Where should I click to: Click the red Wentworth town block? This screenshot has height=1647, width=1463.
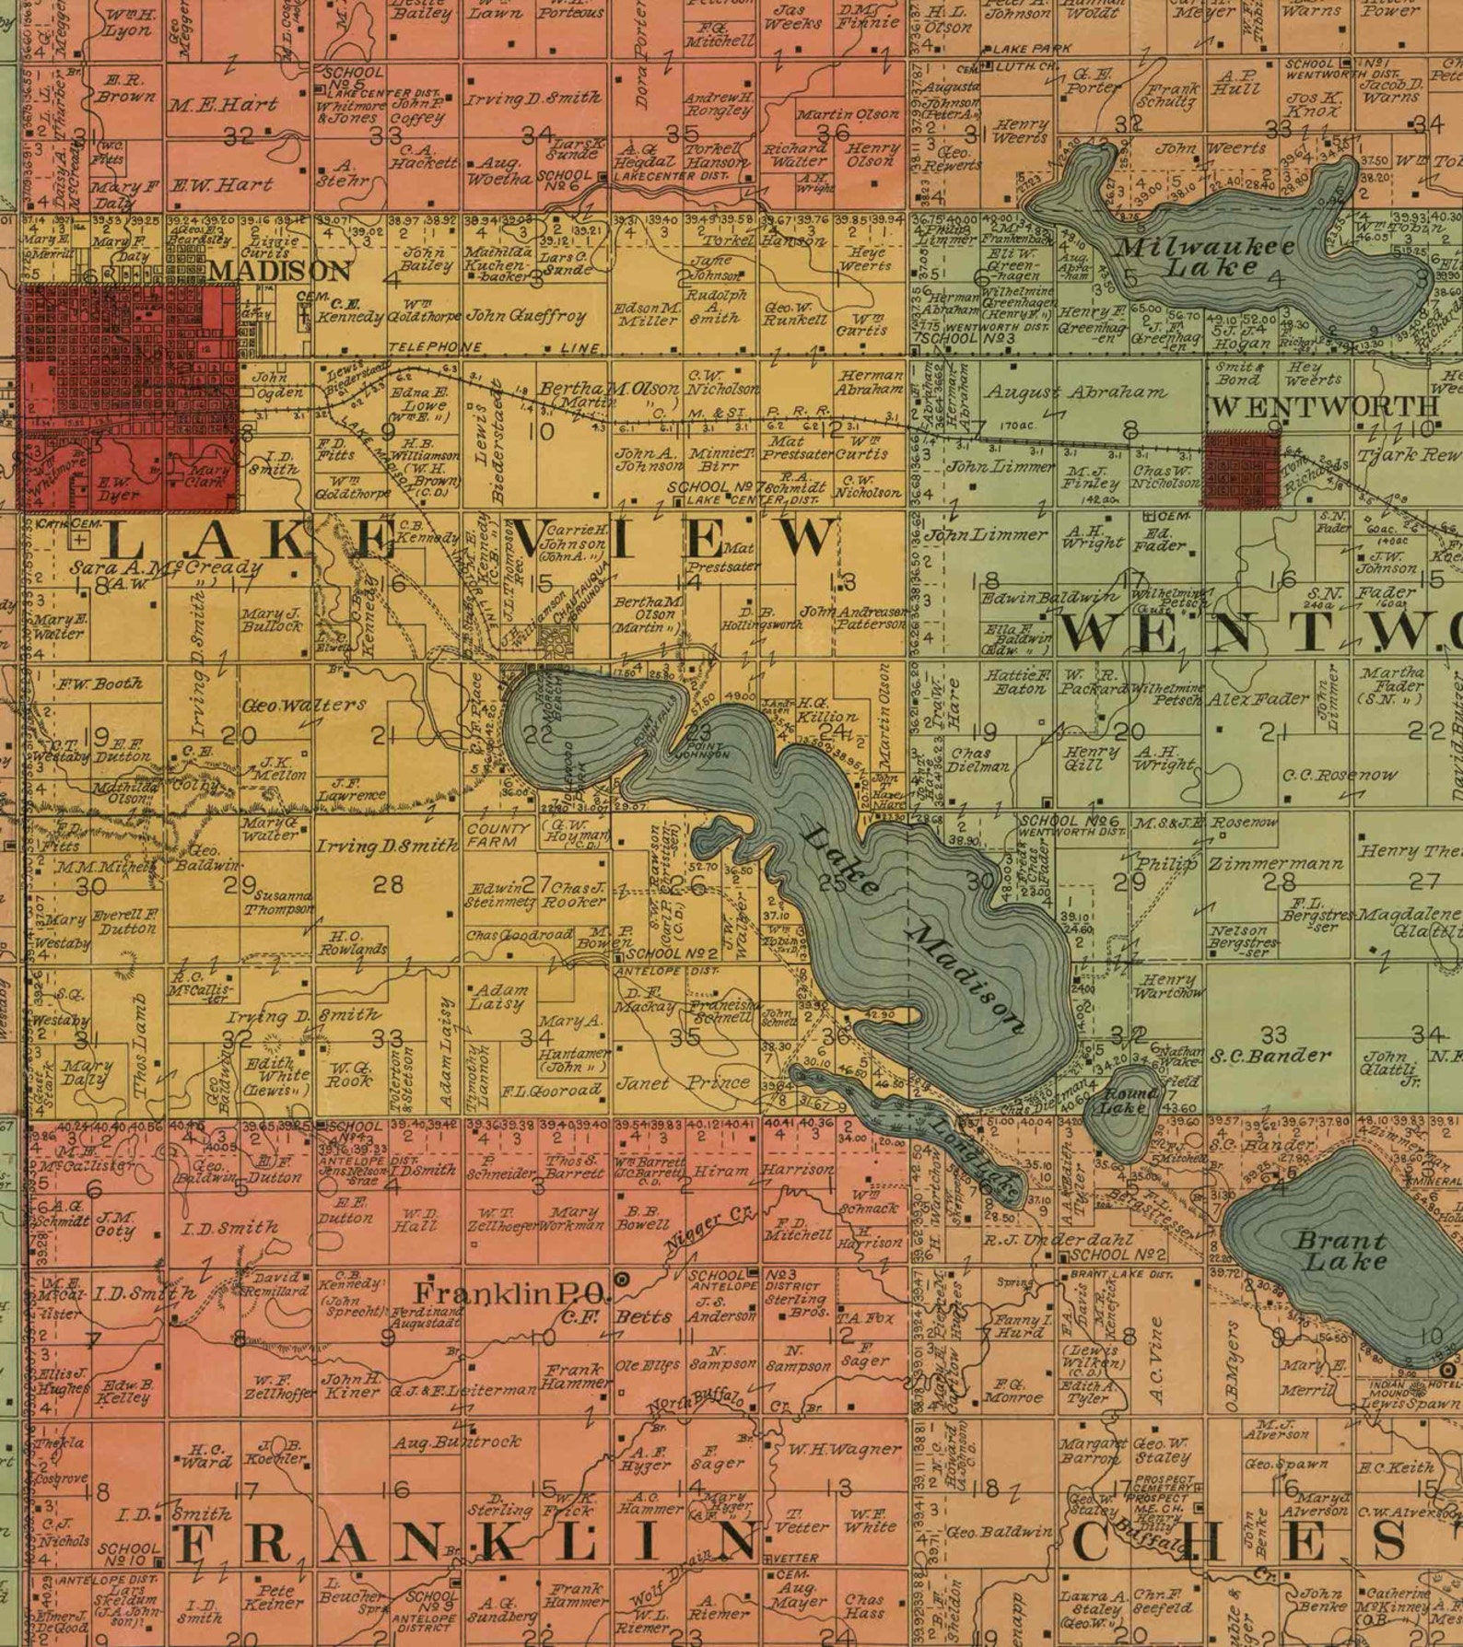1242,470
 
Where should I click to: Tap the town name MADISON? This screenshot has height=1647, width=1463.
280,271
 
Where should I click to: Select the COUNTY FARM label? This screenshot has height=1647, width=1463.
498,835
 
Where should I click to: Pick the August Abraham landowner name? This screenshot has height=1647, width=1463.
1076,391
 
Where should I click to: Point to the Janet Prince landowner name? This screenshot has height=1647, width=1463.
683,1083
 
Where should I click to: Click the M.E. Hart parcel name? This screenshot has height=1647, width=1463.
223,105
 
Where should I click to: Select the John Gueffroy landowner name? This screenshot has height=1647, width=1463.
526,316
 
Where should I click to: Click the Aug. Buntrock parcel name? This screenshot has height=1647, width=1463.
457,1442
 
